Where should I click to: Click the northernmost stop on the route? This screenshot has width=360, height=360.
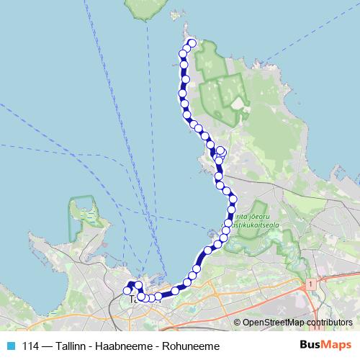pos(192,43)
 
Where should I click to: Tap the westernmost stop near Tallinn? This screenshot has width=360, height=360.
pos(127,291)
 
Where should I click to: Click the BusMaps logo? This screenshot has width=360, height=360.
pos(325,346)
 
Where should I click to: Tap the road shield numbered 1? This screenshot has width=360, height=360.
pos(310,285)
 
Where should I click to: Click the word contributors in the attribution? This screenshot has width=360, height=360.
pos(330,323)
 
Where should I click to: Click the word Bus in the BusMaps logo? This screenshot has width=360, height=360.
pos(310,346)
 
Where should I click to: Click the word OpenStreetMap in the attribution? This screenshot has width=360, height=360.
pos(273,323)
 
